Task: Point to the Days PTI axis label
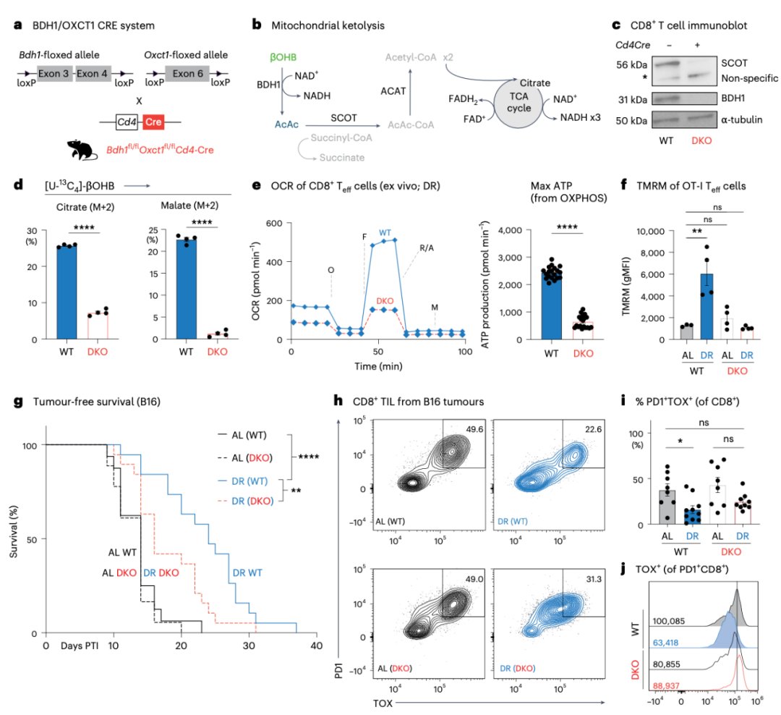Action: point(81,645)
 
